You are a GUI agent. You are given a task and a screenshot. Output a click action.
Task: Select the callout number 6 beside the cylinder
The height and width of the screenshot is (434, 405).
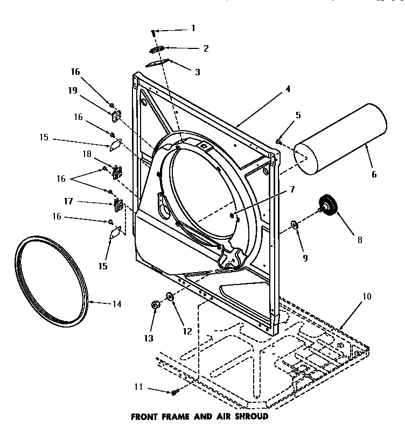pos(374,174)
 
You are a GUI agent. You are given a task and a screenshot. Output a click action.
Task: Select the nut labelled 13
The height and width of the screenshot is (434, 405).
pos(155,305)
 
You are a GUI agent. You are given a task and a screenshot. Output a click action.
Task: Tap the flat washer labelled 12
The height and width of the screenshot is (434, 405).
pos(170,296)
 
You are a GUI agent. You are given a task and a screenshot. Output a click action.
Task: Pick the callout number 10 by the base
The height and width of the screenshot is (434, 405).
pos(366,296)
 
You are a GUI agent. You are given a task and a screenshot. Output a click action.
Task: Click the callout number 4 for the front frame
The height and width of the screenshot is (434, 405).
pos(288,89)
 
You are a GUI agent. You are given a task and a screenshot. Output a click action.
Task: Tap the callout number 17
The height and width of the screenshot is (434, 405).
pos(69,202)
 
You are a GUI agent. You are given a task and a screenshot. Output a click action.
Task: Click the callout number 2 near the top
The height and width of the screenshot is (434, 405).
pos(205,48)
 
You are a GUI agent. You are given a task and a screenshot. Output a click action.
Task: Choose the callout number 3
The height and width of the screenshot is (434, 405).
pos(197,72)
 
